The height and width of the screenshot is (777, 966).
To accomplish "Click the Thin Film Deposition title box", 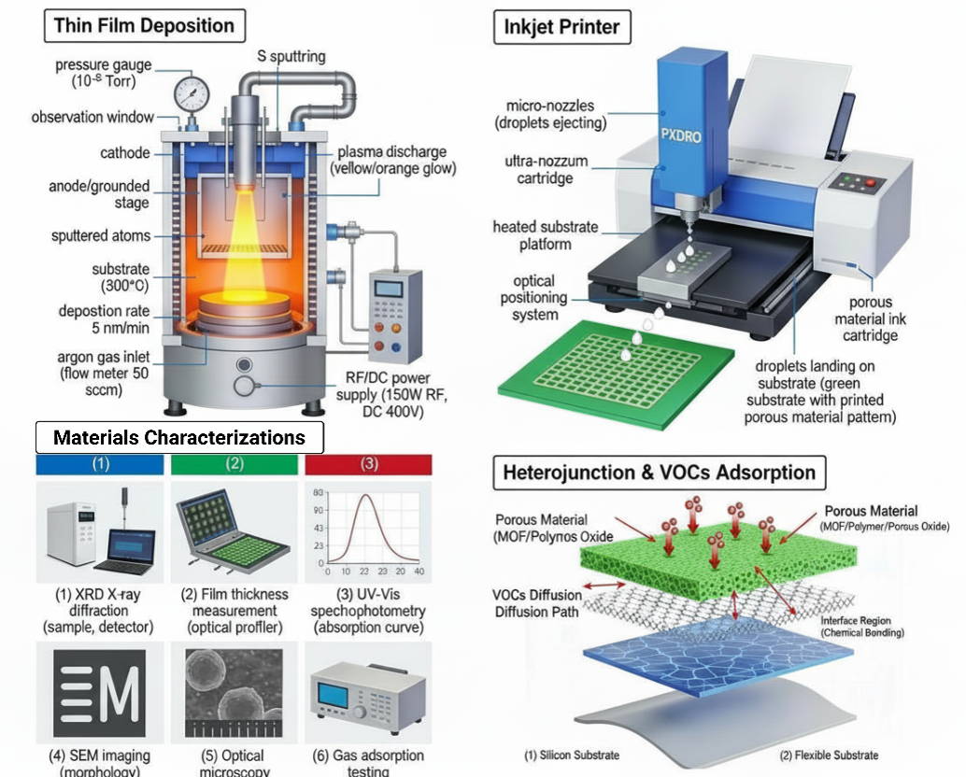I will pyautogui.click(x=144, y=25).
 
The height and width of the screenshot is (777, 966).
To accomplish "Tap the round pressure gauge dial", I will pyautogui.click(x=192, y=93).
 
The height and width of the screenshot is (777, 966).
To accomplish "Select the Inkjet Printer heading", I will pyautogui.click(x=561, y=25).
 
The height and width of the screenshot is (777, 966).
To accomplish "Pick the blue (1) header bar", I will pyautogui.click(x=100, y=464).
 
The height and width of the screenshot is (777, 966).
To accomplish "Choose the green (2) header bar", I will pyautogui.click(x=234, y=464).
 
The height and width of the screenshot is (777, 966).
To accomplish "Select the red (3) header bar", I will pyautogui.click(x=369, y=464).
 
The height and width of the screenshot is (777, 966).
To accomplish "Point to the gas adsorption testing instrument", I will pyautogui.click(x=367, y=697).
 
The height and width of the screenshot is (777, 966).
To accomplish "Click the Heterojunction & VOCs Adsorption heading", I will pyautogui.click(x=660, y=473).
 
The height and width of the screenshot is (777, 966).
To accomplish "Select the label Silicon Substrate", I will pyautogui.click(x=572, y=755).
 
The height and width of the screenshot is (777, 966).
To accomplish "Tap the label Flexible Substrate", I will pyautogui.click(x=829, y=755).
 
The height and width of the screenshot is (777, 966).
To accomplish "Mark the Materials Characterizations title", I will pyautogui.click(x=179, y=437).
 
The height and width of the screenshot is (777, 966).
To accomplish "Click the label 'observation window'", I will pyautogui.click(x=92, y=118).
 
